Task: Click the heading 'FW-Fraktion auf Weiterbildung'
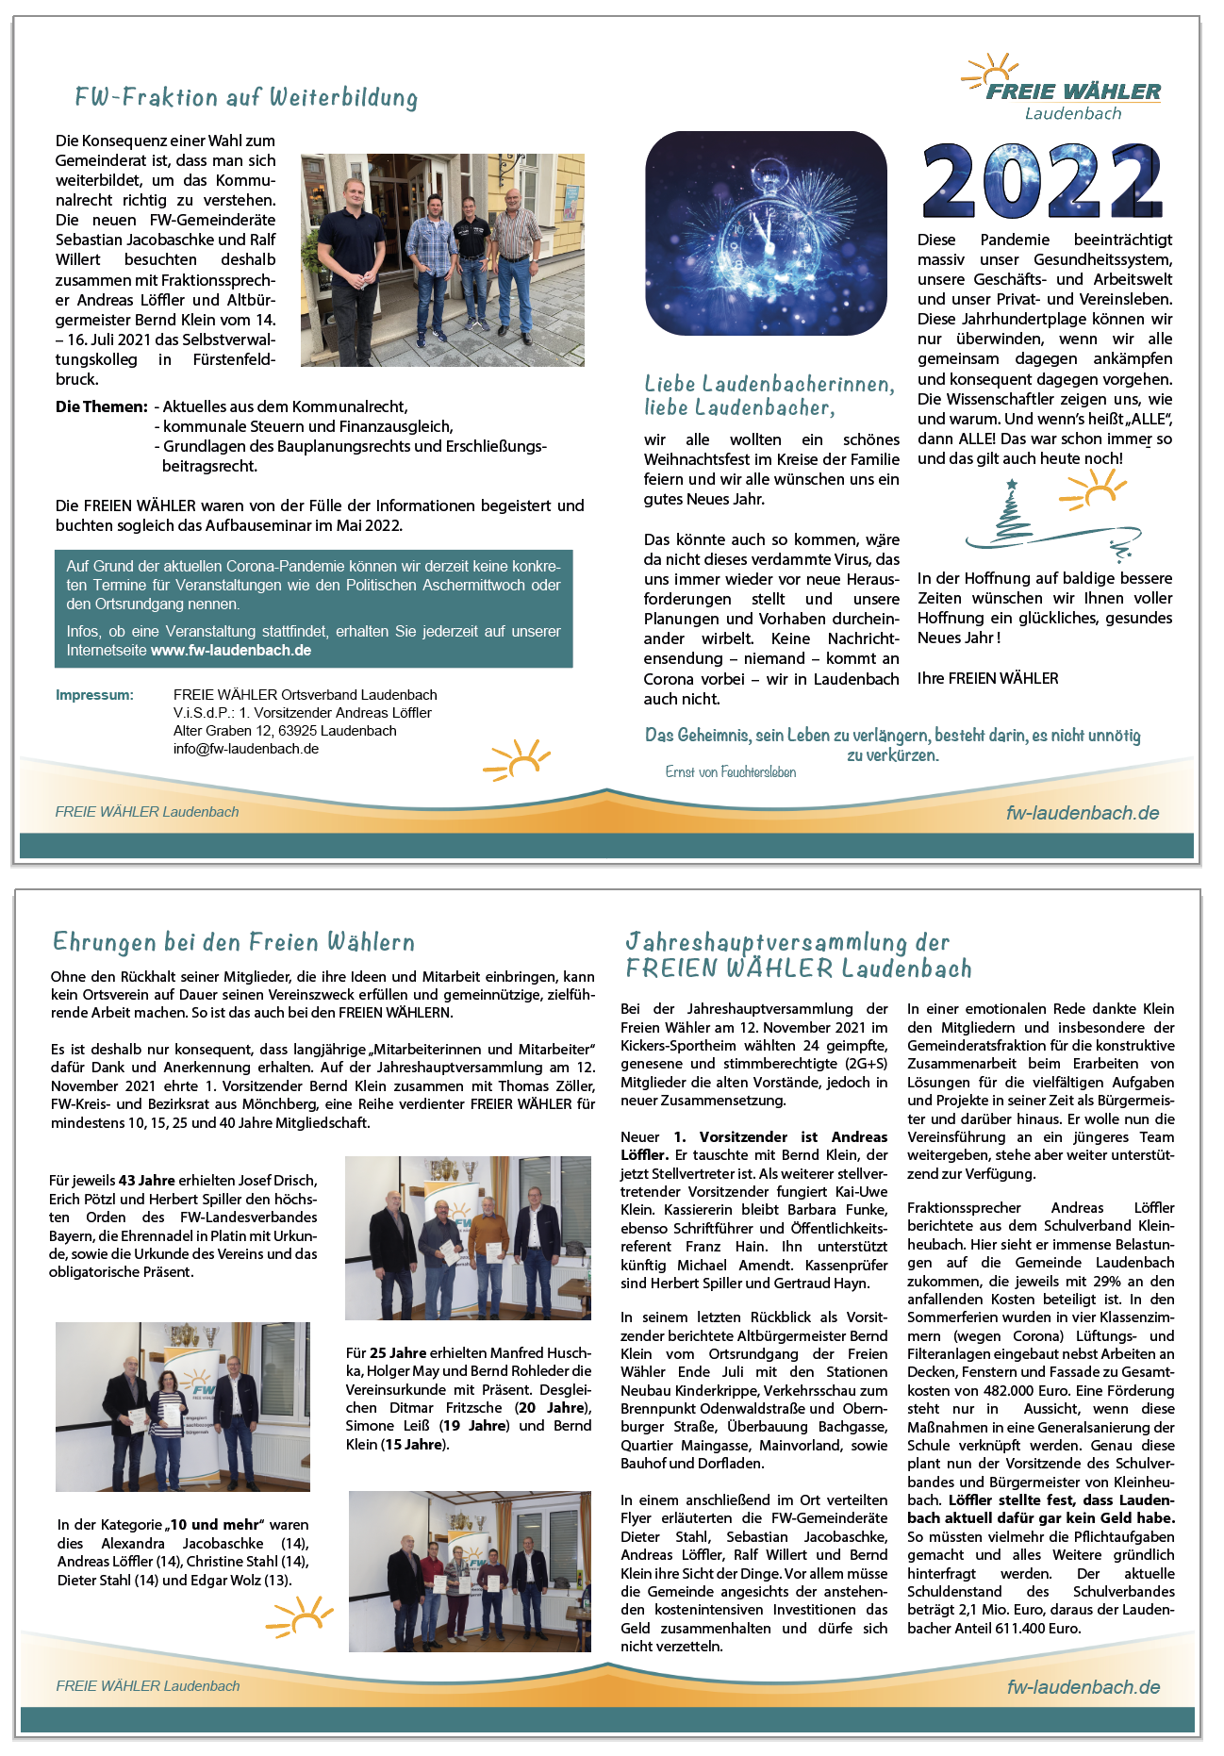(246, 98)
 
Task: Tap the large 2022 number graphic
(1042, 182)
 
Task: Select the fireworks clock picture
(766, 233)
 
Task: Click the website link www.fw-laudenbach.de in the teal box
(231, 650)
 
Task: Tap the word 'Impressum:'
(94, 695)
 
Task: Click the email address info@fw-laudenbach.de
(246, 749)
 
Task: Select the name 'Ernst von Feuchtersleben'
(731, 772)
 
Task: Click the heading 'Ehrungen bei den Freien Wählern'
(234, 942)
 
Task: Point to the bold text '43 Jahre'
(146, 1181)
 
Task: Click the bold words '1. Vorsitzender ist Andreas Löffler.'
(754, 1146)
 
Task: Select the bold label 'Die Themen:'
(102, 406)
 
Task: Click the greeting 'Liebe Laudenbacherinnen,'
(769, 384)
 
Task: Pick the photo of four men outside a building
(442, 259)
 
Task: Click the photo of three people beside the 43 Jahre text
(468, 1237)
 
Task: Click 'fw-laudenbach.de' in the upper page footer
(1083, 813)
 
